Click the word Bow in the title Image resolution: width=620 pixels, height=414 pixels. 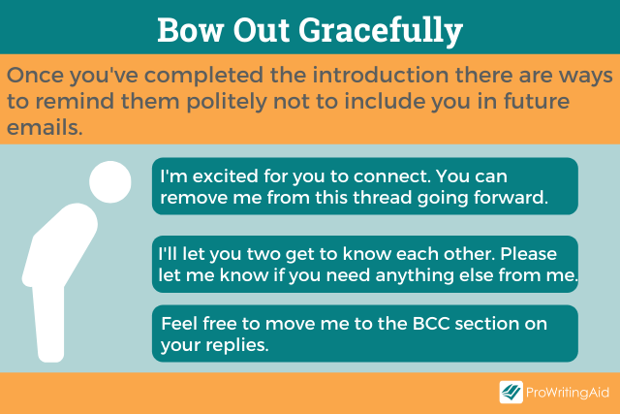click(190, 30)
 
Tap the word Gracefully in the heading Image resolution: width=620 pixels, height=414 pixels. click(381, 32)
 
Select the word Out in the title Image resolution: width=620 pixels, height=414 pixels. click(261, 30)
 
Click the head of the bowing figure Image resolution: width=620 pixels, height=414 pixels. click(109, 181)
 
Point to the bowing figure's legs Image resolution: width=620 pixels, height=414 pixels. click(49, 323)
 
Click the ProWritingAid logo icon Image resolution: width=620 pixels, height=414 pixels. click(511, 393)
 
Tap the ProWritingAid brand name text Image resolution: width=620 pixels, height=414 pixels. click(568, 393)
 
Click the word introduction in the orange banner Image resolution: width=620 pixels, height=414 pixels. click(381, 75)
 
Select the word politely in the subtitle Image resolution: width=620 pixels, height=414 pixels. click(227, 102)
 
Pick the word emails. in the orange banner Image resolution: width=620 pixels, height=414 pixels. click(45, 127)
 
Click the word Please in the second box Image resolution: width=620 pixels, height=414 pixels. click(529, 254)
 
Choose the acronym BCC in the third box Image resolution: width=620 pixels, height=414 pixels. click(431, 324)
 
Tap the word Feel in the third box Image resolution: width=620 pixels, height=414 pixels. click(179, 324)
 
